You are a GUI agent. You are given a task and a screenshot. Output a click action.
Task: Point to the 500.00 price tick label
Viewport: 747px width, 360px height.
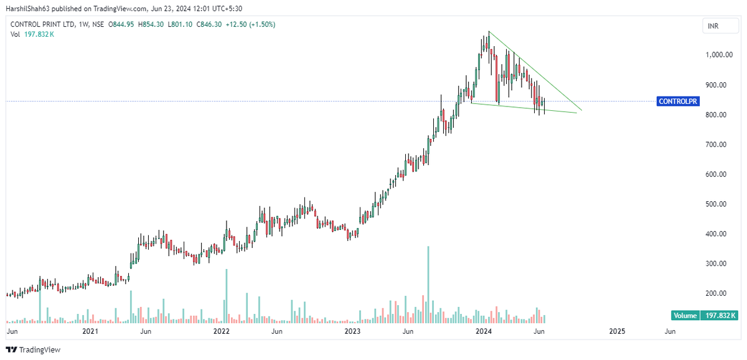720,204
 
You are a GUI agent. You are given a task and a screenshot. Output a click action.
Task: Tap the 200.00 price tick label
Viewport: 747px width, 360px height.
720,293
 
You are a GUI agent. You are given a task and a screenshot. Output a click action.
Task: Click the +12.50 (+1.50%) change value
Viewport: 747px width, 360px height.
254,24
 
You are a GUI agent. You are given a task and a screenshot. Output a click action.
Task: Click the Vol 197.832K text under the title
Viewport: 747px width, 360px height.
32,34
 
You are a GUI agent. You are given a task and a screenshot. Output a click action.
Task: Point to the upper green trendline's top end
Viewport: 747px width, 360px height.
489,31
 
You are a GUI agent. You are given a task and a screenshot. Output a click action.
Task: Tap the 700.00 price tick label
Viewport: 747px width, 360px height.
720,144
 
